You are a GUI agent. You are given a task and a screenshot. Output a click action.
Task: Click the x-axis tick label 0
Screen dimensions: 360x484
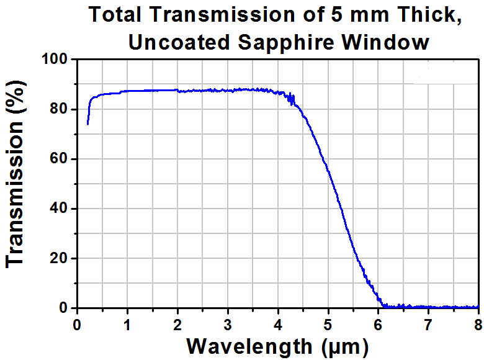[77, 324]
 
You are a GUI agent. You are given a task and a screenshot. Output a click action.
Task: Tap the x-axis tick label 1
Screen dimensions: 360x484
[127, 324]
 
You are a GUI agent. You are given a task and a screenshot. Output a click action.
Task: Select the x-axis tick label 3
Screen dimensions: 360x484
[228, 324]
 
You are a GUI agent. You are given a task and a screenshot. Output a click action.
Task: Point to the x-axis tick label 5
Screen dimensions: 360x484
[328, 324]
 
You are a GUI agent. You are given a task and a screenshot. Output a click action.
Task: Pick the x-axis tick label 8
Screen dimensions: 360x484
[478, 324]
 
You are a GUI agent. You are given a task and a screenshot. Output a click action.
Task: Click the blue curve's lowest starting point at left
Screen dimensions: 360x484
[87, 124]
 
